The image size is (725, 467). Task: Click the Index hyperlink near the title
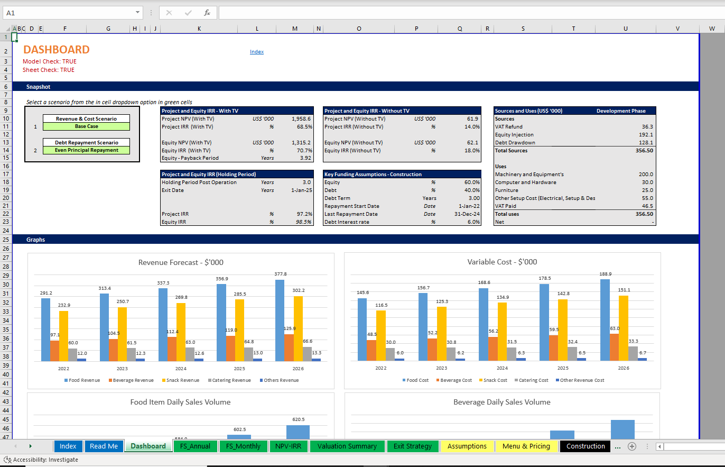pyautogui.click(x=257, y=52)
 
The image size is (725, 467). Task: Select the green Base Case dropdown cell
pyautogui.click(x=86, y=126)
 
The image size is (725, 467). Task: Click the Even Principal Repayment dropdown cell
pyautogui.click(x=86, y=150)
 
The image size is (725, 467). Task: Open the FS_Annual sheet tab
pyautogui.click(x=195, y=446)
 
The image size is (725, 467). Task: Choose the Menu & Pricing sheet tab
pyautogui.click(x=526, y=446)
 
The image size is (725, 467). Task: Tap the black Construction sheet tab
pyautogui.click(x=585, y=446)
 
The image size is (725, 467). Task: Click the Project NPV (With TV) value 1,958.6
pyautogui.click(x=301, y=119)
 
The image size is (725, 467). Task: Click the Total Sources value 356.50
pyautogui.click(x=644, y=151)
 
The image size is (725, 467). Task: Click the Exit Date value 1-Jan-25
pyautogui.click(x=301, y=190)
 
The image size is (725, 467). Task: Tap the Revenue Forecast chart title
pyautogui.click(x=181, y=262)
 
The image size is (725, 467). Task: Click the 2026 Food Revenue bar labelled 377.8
pyautogui.click(x=281, y=320)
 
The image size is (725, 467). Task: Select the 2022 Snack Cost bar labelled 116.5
pyautogui.click(x=380, y=335)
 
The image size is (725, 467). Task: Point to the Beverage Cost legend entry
pyautogui.click(x=456, y=380)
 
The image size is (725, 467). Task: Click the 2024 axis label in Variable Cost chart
pyautogui.click(x=502, y=368)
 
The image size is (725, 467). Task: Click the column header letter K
pyautogui.click(x=199, y=29)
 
